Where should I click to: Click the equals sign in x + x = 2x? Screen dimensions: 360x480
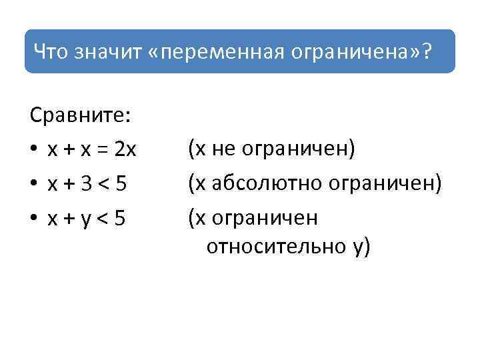[103, 150]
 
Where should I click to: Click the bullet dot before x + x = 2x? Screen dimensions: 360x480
[34, 150]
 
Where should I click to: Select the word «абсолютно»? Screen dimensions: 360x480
[258, 183]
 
